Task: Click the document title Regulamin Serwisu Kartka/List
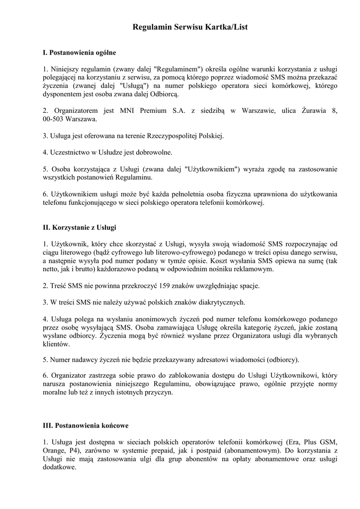point(190,28)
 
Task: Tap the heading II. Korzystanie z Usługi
point(79,227)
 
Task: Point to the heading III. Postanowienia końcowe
point(86,426)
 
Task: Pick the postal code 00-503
point(54,119)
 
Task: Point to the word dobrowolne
point(149,152)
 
